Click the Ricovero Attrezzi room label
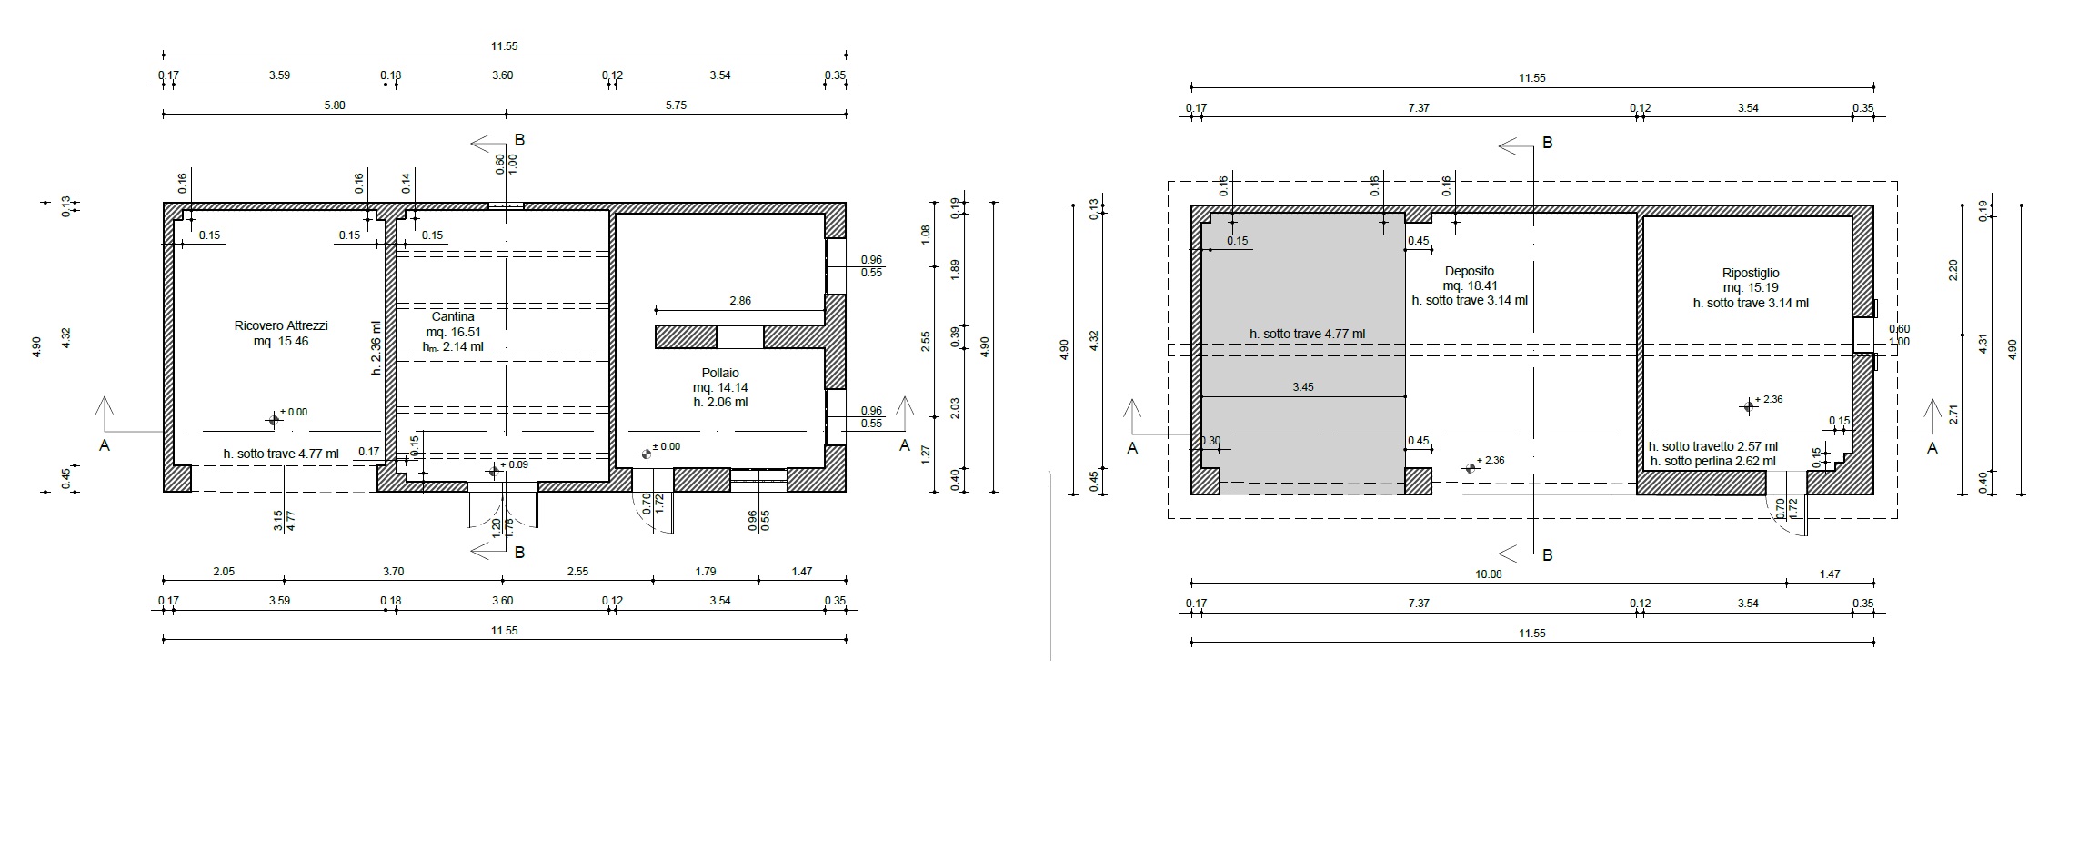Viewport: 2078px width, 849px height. point(281,325)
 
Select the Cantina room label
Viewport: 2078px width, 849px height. point(453,317)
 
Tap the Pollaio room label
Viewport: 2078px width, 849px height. point(720,373)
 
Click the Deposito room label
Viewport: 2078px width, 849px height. point(1469,271)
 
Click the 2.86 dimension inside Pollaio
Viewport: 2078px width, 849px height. point(740,301)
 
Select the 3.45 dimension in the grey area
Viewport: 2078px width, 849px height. point(1302,387)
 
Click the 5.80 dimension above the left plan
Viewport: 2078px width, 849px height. point(334,105)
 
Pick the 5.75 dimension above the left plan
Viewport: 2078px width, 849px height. point(676,105)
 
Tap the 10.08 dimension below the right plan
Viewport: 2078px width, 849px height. point(1489,574)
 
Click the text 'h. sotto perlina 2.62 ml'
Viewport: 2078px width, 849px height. point(1712,462)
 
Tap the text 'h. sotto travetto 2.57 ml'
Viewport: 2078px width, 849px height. point(1713,447)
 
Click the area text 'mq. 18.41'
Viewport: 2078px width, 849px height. point(1469,285)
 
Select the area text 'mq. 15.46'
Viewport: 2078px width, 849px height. point(281,342)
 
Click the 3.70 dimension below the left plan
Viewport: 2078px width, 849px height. point(393,572)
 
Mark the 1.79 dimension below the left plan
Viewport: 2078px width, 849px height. point(705,572)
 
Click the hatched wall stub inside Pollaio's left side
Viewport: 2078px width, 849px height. point(687,336)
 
